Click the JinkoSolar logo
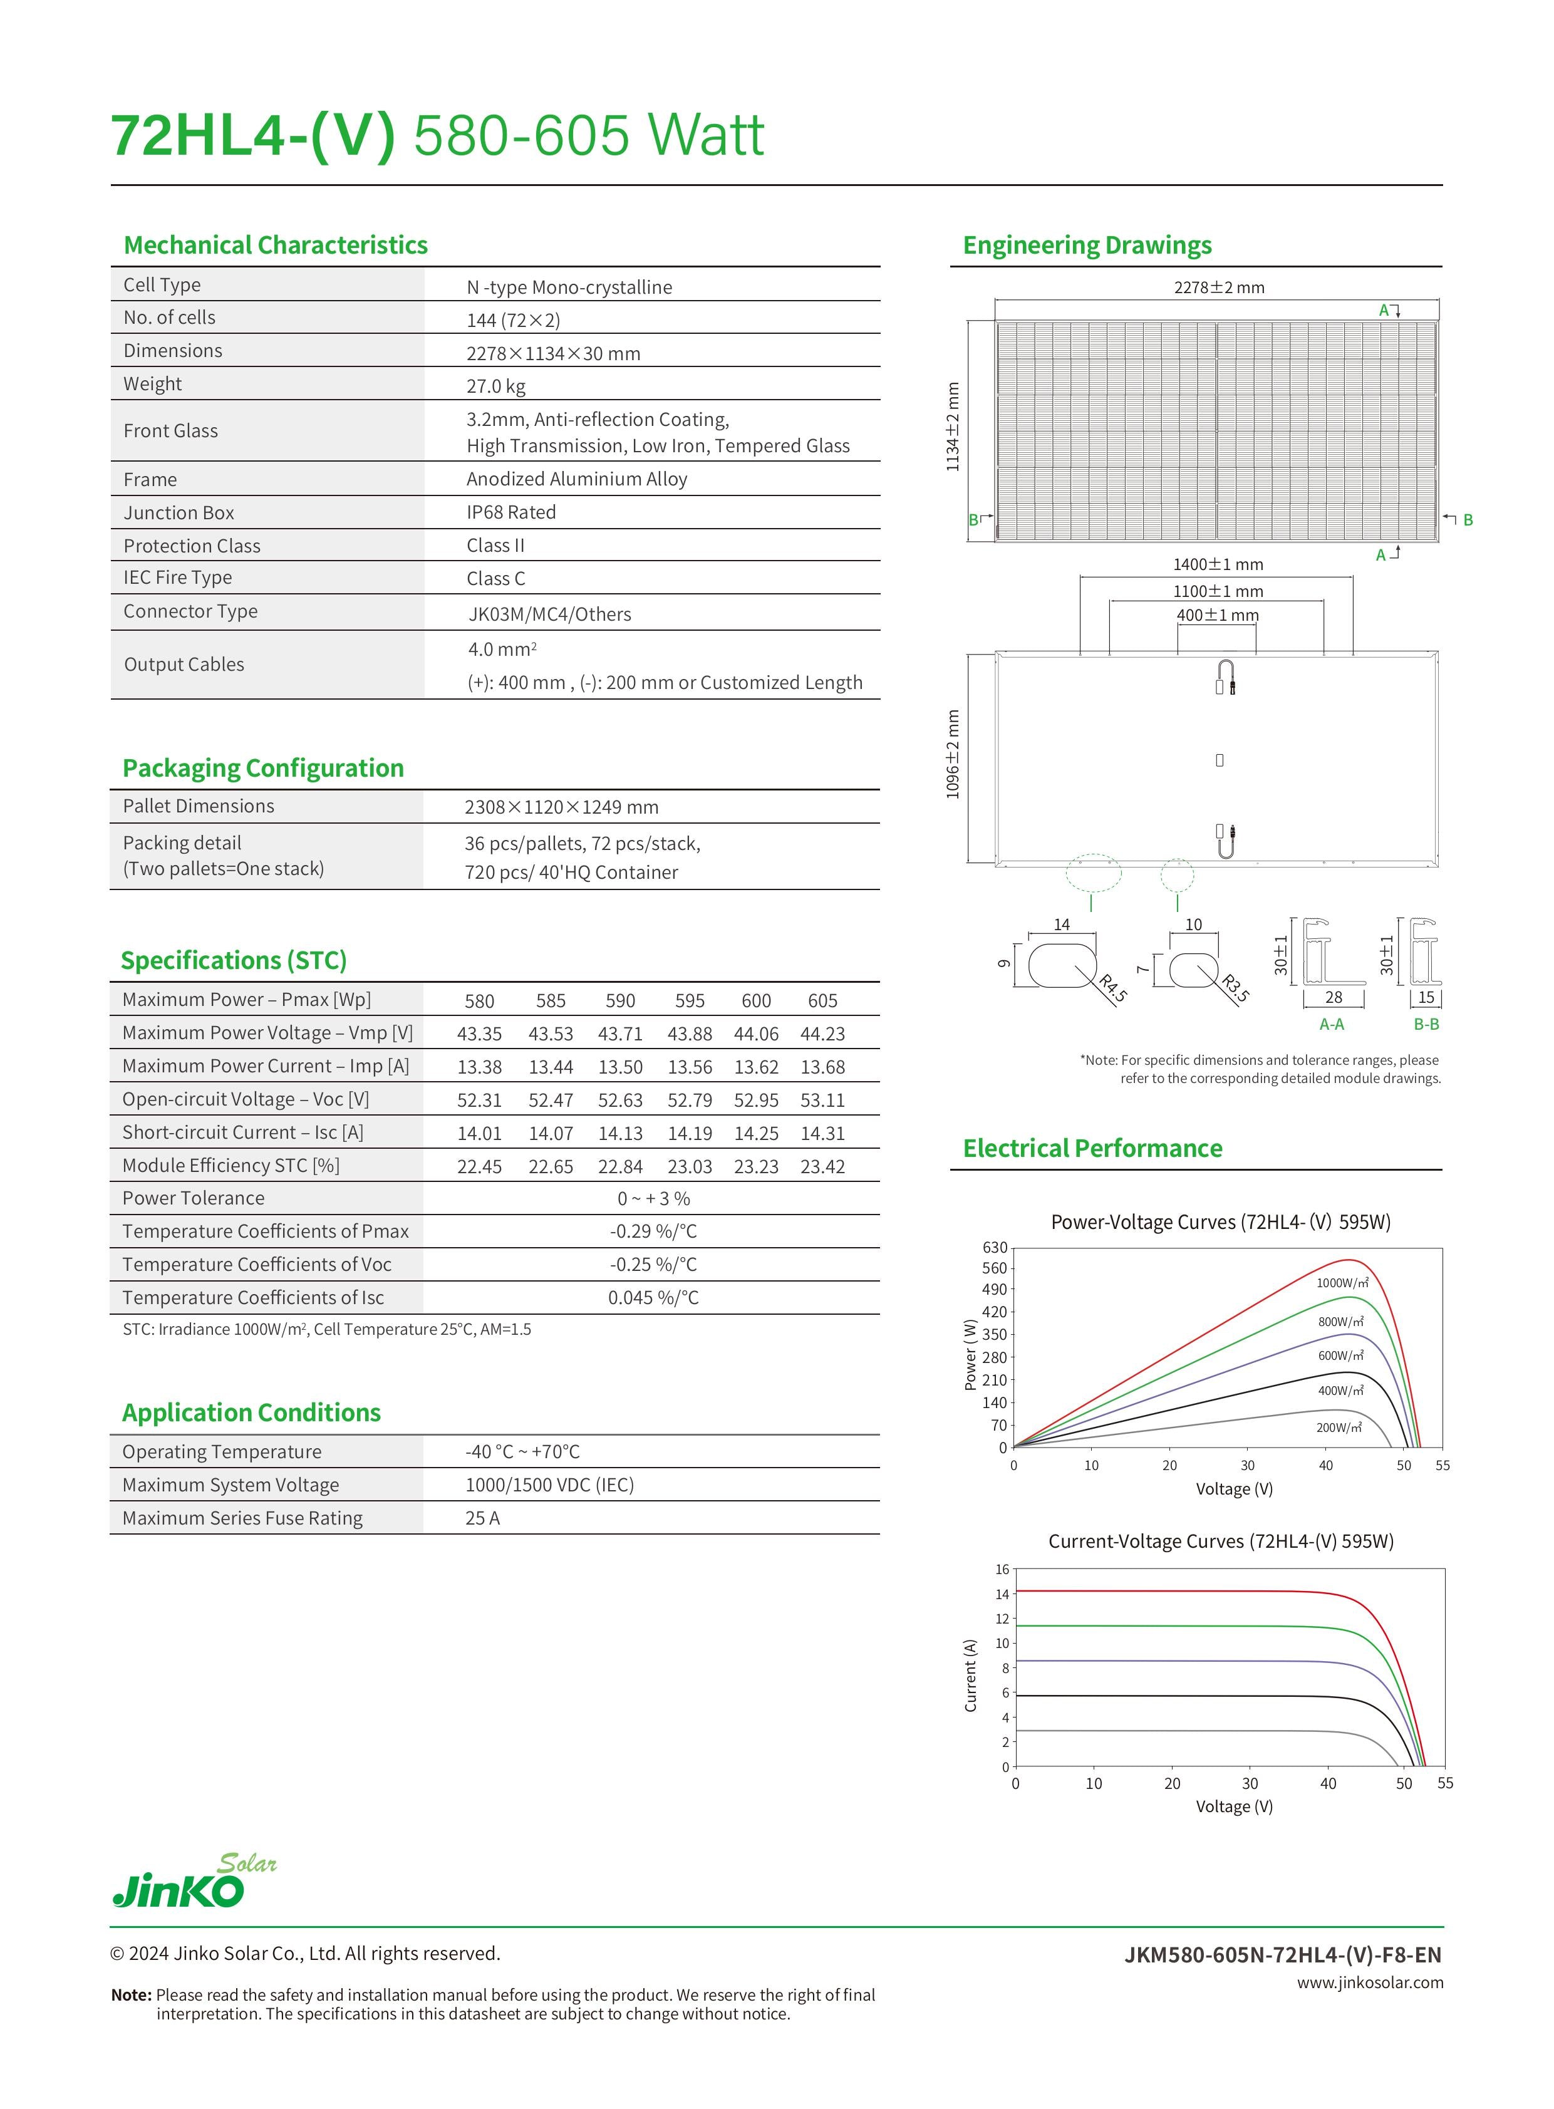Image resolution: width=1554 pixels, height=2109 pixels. click(194, 1880)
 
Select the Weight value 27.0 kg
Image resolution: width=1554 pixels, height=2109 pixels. click(495, 386)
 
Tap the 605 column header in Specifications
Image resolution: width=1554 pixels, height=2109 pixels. click(822, 1001)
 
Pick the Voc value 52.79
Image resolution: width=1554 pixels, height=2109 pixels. click(690, 1100)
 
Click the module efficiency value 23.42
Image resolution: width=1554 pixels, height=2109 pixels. click(822, 1166)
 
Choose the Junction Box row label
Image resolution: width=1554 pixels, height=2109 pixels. click(179, 512)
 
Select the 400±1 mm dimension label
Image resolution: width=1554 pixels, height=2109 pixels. click(1217, 615)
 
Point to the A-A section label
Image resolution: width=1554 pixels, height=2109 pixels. click(1331, 1024)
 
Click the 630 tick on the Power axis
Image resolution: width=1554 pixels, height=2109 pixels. click(994, 1247)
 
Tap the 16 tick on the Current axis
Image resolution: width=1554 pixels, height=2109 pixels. click(1002, 1569)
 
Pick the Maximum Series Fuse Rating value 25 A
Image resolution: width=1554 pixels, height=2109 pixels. click(482, 1518)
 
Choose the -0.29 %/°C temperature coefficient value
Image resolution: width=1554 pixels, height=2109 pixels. click(653, 1231)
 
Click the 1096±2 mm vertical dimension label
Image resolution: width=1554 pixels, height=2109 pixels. click(953, 754)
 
